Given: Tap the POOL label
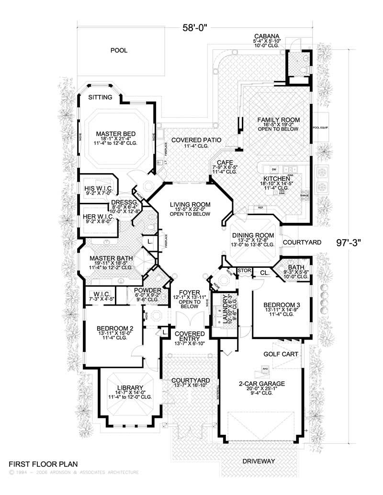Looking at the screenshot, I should tap(119, 50).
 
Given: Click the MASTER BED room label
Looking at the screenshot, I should tap(115, 133).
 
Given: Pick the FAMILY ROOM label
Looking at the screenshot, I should tap(278, 120).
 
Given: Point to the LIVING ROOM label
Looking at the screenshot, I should tap(190, 205).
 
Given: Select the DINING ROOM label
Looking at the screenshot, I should tap(253, 235).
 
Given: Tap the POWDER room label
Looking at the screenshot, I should tap(147, 290).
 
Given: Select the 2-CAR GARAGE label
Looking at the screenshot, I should tap(262, 384).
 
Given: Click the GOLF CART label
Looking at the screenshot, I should tap(281, 354).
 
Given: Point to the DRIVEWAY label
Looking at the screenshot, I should tap(259, 461).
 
